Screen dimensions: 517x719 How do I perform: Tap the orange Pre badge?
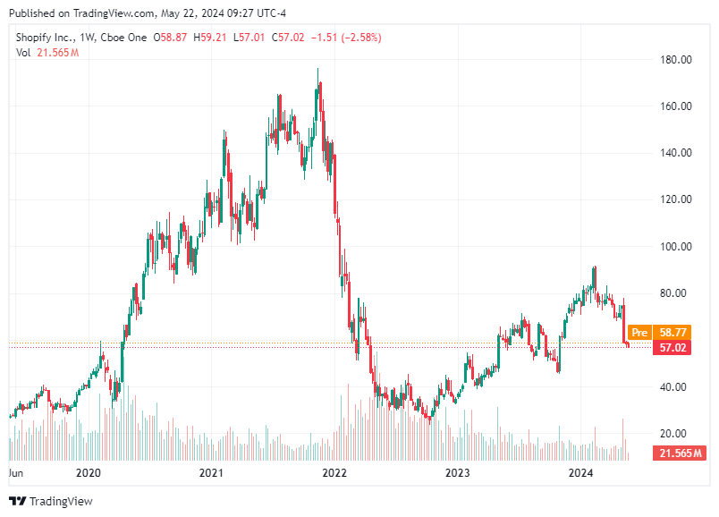[639, 332]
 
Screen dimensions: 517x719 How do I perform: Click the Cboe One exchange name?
[126, 38]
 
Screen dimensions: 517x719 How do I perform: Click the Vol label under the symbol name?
[23, 53]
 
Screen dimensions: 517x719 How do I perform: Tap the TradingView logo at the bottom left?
[51, 501]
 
